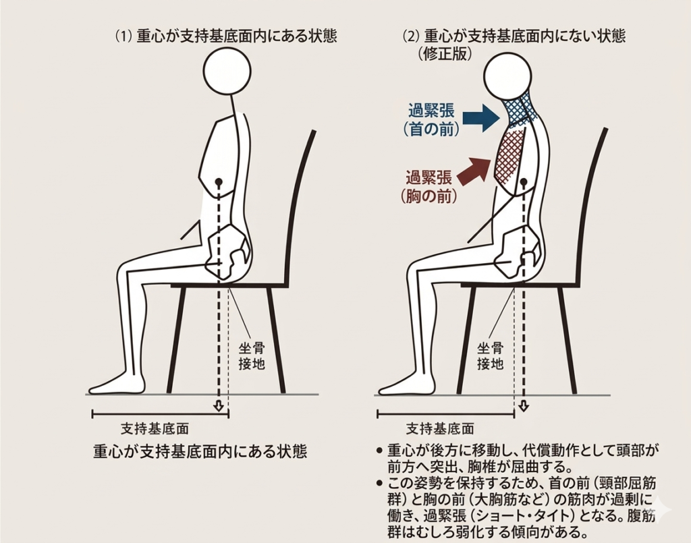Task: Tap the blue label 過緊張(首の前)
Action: tap(432, 120)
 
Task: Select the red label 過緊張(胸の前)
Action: tap(430, 187)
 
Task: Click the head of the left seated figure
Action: tap(227, 72)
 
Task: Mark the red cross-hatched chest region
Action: tap(511, 156)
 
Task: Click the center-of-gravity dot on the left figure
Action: tap(219, 182)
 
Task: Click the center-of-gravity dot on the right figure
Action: tap(524, 183)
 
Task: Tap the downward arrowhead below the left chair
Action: tap(218, 406)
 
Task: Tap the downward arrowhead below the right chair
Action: tap(524, 406)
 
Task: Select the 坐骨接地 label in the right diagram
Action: tap(491, 356)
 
